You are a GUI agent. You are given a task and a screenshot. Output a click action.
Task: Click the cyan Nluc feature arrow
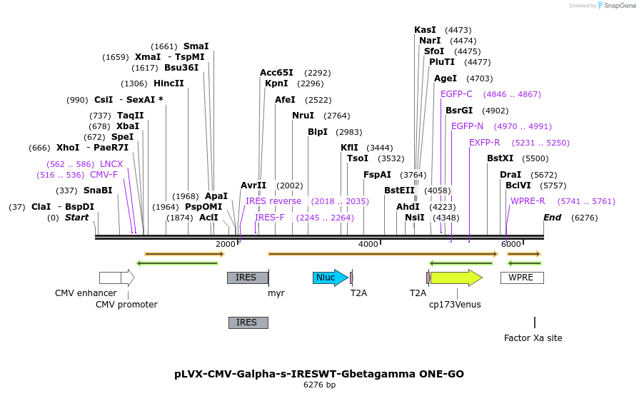coord(330,278)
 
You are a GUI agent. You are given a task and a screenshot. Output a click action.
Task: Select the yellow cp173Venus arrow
coord(456,278)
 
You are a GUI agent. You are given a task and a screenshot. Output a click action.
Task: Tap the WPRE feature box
coord(521,278)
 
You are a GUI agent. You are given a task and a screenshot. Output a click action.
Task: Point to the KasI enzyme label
coord(425,30)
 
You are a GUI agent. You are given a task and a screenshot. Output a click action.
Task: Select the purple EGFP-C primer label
coord(456,94)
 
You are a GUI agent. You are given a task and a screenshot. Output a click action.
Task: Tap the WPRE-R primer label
coord(528,201)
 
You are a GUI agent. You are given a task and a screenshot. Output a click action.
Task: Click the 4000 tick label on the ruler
coord(368,245)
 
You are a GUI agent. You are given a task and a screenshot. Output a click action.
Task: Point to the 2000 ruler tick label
coord(225,245)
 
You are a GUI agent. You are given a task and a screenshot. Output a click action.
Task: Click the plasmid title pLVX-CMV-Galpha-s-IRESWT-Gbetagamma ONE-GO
coord(319,374)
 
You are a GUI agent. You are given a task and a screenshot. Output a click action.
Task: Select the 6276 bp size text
coord(319,385)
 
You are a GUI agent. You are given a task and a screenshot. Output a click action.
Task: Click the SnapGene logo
coord(616,6)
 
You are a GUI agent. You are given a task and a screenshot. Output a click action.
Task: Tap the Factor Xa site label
coord(533,337)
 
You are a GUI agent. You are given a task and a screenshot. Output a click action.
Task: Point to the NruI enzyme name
coord(303,116)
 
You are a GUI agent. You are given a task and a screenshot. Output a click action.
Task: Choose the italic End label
coord(552,218)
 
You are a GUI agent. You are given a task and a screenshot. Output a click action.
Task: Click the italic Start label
coord(76,218)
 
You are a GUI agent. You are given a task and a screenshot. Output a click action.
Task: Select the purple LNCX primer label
coord(111,164)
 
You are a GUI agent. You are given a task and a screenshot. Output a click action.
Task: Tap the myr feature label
coord(276,293)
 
